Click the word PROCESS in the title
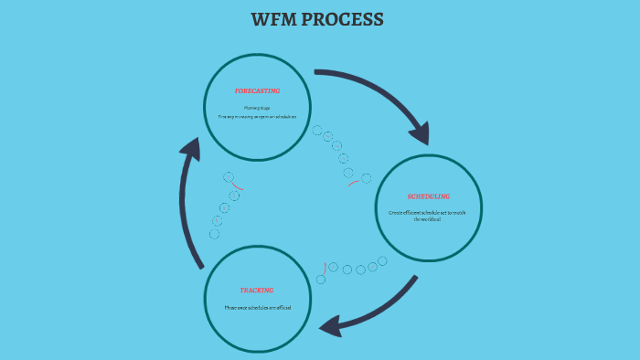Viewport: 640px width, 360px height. [x=346, y=19]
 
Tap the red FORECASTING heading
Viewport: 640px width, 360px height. [x=257, y=91]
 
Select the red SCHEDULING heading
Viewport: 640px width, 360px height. [x=428, y=196]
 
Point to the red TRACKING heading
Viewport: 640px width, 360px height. [x=257, y=291]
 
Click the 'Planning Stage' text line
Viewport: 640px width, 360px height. [x=257, y=108]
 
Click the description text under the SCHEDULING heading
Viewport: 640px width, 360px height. [x=427, y=216]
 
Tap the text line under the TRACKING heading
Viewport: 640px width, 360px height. [x=257, y=307]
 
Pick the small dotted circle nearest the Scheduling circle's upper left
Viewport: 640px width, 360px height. [x=367, y=178]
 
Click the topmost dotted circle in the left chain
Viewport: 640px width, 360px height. [x=229, y=176]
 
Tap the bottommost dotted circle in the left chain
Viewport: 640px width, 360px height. [x=214, y=234]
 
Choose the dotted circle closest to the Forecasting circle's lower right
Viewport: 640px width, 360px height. [x=317, y=131]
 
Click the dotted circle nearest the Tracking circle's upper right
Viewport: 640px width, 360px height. [x=321, y=279]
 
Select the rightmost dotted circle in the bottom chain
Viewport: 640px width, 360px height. [x=382, y=261]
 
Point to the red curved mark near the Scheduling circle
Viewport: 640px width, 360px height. [x=353, y=183]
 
